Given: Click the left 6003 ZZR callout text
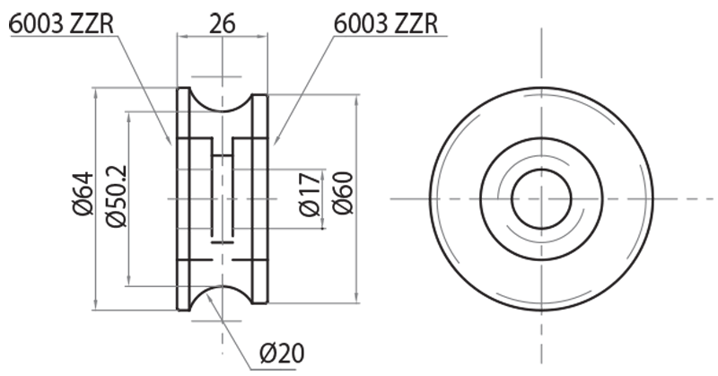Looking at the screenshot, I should point(62,22).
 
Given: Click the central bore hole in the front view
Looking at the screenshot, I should point(541,197).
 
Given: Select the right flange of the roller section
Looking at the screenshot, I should point(260,197).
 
